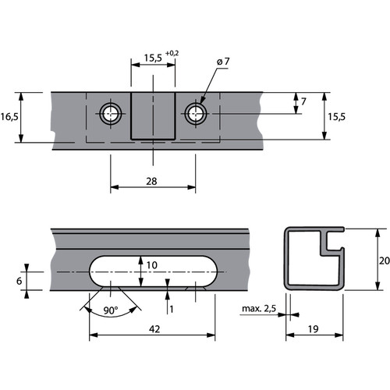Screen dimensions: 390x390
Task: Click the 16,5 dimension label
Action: (9, 117)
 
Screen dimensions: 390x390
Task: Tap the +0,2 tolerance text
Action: (172, 53)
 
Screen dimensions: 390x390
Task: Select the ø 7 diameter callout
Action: (223, 62)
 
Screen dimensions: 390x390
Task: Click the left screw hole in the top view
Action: (111, 114)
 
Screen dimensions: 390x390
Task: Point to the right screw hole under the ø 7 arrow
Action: (196, 114)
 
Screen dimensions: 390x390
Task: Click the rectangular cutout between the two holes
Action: (153, 116)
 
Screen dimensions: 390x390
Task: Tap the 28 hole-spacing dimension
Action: (151, 181)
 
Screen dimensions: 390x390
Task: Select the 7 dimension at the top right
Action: (303, 101)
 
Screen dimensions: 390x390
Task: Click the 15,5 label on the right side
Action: (336, 117)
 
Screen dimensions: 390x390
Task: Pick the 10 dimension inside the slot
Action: (152, 265)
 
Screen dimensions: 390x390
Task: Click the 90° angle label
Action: (111, 310)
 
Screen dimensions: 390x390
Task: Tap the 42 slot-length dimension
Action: (154, 329)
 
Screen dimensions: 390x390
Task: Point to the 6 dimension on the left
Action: (19, 281)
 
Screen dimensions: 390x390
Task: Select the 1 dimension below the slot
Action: (172, 309)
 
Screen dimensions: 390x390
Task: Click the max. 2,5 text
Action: (259, 309)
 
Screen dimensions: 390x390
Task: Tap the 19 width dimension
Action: (314, 329)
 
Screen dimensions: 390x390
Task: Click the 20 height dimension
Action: (385, 261)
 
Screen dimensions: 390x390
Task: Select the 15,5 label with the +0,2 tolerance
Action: (153, 58)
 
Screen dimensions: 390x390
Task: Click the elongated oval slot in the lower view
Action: (154, 271)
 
